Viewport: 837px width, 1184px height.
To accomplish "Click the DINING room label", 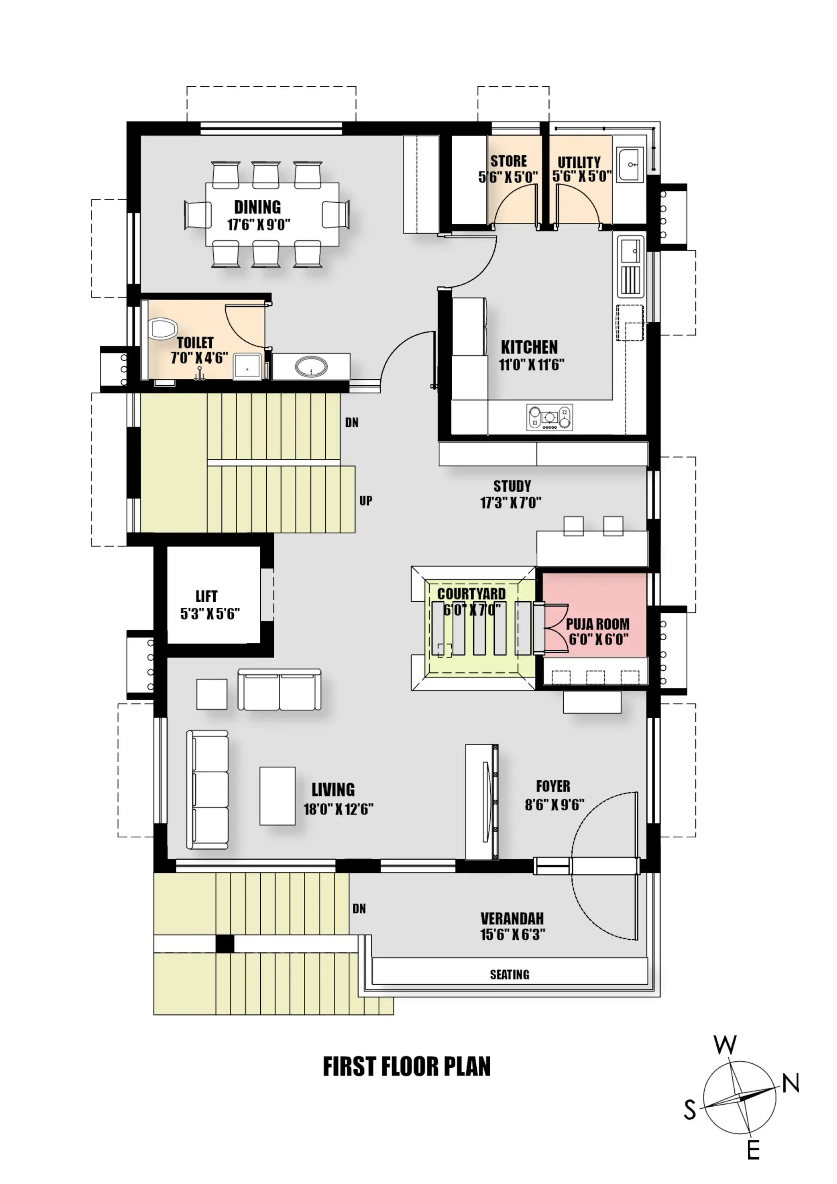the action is (x=257, y=207).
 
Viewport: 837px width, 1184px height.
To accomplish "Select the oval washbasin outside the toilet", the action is (x=311, y=367).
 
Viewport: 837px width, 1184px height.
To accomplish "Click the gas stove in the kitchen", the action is (x=549, y=417).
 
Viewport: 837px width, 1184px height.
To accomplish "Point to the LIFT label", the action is (x=206, y=596).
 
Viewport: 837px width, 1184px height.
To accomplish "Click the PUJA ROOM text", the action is (x=598, y=624).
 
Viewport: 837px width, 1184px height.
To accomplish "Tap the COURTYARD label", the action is (x=471, y=593).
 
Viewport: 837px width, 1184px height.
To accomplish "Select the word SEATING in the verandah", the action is (x=510, y=974).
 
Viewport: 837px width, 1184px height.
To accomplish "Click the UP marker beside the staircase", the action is (x=366, y=500).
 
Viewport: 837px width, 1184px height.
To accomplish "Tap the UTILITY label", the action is (x=579, y=162).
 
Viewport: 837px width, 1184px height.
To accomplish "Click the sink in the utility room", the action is (x=631, y=165).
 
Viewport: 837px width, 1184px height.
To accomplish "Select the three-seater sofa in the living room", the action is (x=208, y=789).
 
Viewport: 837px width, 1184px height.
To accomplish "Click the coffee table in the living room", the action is (x=277, y=795).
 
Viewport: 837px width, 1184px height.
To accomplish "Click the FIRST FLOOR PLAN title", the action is (x=407, y=1067).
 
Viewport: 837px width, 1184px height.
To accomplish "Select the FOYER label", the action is (x=554, y=786).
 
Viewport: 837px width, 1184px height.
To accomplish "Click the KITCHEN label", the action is (x=529, y=346).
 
